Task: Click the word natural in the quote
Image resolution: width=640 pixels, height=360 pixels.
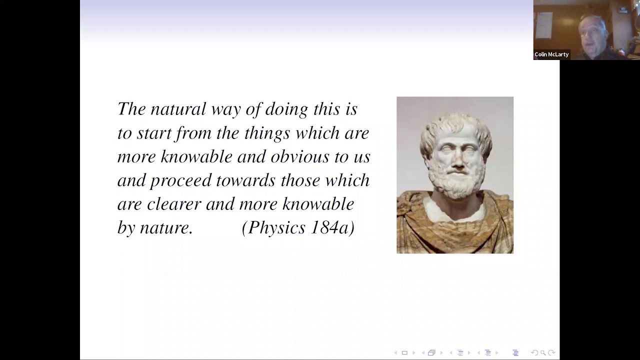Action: click(178, 109)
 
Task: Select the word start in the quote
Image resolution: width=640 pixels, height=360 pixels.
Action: click(153, 133)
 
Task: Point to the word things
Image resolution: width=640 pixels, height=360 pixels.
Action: click(267, 133)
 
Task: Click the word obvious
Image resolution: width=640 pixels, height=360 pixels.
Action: click(300, 156)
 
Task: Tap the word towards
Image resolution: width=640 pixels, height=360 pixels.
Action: click(245, 180)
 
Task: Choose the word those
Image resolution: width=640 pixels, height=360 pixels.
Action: click(300, 180)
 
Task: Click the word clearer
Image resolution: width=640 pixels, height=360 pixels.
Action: click(174, 204)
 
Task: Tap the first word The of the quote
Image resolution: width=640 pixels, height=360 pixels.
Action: click(131, 109)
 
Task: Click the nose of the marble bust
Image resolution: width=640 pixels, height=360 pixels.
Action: click(458, 161)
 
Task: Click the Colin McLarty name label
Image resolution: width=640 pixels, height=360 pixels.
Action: click(551, 54)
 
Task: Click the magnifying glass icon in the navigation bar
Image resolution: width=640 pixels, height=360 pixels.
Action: click(543, 353)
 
